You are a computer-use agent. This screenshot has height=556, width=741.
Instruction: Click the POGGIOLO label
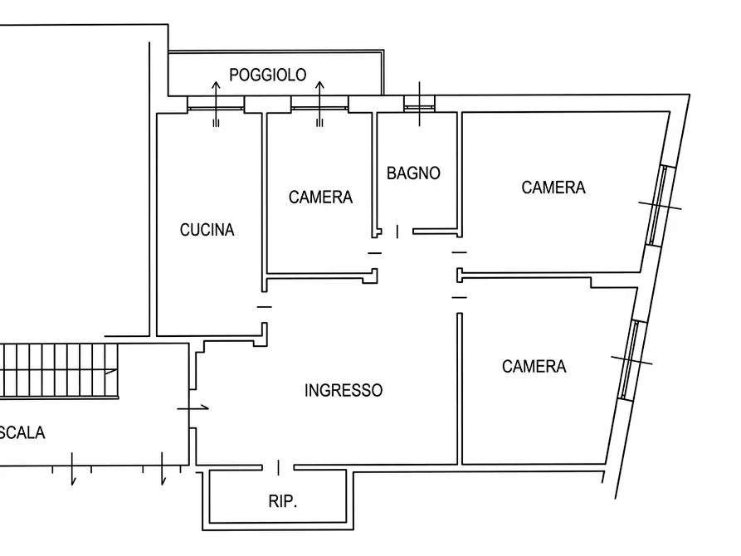pyautogui.click(x=267, y=75)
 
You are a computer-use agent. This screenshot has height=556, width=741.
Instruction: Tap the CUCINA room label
pyautogui.click(x=207, y=230)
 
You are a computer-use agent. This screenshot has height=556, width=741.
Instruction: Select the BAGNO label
pyautogui.click(x=413, y=173)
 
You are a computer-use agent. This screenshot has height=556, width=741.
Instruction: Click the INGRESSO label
pyautogui.click(x=344, y=390)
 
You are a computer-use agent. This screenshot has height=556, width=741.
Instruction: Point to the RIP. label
pyautogui.click(x=283, y=501)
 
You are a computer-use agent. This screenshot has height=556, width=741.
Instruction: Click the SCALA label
pyautogui.click(x=22, y=432)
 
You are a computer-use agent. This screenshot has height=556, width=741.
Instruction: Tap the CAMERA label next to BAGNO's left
pyautogui.click(x=320, y=198)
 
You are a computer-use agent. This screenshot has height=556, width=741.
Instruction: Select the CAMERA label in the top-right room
pyautogui.click(x=553, y=188)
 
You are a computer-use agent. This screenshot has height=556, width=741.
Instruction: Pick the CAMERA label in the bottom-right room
pyautogui.click(x=534, y=367)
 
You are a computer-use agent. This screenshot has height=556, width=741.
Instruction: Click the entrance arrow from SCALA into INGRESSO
pyautogui.click(x=193, y=407)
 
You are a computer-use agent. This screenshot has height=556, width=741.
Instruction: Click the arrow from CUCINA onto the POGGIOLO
pyautogui.click(x=216, y=104)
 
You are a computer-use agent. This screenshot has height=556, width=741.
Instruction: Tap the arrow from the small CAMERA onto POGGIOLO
pyautogui.click(x=320, y=104)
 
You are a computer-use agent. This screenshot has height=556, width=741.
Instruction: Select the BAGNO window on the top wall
pyautogui.click(x=419, y=104)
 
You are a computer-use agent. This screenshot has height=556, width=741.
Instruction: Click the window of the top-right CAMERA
pyautogui.click(x=661, y=206)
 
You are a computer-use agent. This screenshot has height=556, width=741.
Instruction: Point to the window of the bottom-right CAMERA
pyautogui.click(x=631, y=361)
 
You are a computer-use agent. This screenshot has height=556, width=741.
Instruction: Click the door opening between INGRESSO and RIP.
pyautogui.click(x=278, y=467)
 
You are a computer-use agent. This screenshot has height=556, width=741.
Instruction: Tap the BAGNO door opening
pyautogui.click(x=397, y=232)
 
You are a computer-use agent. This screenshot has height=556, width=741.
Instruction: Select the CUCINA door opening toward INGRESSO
pyautogui.click(x=265, y=307)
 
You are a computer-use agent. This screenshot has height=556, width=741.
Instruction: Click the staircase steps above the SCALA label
pyautogui.click(x=59, y=371)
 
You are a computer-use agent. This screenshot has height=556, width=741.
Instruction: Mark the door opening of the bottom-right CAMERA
pyautogui.click(x=460, y=298)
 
